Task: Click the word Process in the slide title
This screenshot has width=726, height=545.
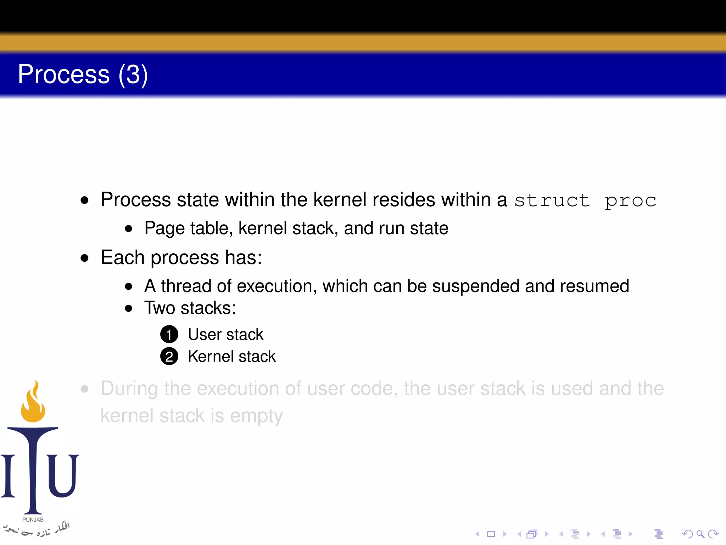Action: coord(64,74)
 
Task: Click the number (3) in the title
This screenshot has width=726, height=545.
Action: coord(133,75)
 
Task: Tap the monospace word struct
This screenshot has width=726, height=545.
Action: coord(552,200)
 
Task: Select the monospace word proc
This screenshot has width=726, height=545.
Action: coord(630,201)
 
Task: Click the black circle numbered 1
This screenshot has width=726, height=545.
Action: coord(169,334)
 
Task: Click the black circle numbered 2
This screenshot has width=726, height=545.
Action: coord(169,357)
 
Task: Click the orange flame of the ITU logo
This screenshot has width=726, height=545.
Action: coord(33,404)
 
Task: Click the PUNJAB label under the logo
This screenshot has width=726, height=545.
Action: coord(33,519)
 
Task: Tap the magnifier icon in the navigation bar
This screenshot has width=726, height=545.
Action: coord(700,534)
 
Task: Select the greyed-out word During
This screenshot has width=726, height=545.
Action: coord(129,389)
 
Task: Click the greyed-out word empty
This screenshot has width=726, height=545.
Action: coord(256,416)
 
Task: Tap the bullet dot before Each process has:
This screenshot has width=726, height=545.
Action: coord(84,258)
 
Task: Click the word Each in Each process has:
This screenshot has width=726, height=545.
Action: coord(122,257)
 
